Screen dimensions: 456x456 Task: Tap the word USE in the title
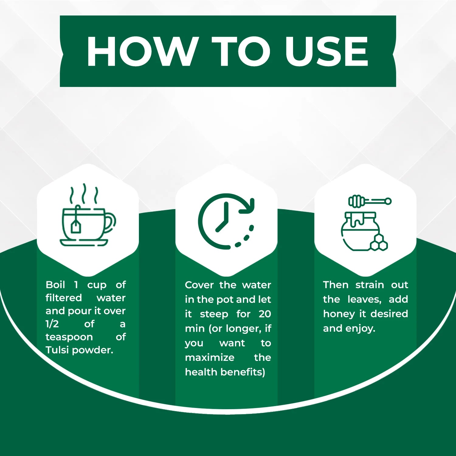click(327, 51)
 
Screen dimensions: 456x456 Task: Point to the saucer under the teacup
click(84, 242)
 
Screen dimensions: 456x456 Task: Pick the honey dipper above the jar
click(370, 201)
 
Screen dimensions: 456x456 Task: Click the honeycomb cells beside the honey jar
click(379, 243)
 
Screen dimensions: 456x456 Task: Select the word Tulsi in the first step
click(57, 350)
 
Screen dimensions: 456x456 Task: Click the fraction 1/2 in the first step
click(52, 324)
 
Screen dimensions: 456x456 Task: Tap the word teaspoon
click(69, 337)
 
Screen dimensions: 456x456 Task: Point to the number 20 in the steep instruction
click(265, 314)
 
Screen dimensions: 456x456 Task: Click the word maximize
click(210, 358)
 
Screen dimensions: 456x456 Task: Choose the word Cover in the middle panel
click(199, 285)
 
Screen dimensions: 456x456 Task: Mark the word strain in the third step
click(370, 285)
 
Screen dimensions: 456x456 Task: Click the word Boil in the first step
click(55, 285)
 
